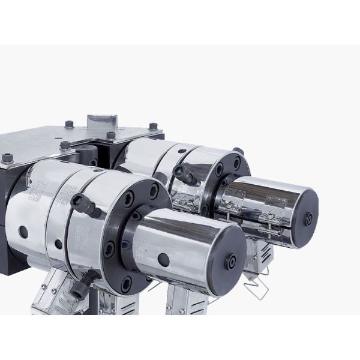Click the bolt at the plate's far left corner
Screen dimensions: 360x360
point(7,157)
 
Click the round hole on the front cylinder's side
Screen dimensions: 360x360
point(163,259)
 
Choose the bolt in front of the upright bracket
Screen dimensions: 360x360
point(111,136)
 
